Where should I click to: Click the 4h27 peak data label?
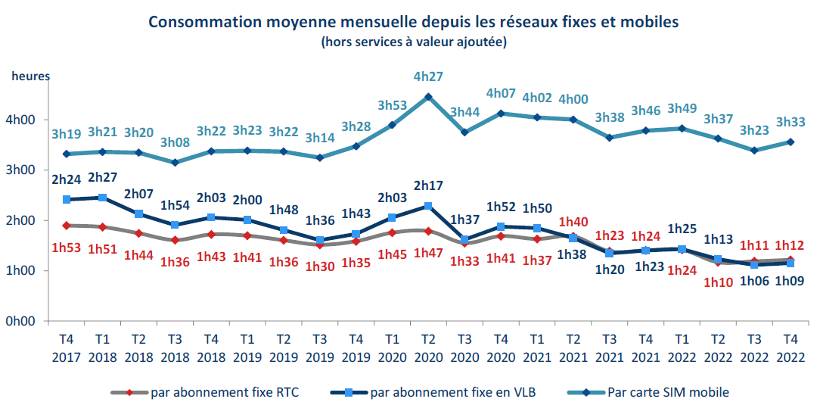[428, 76]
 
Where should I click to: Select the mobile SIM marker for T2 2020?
[428, 97]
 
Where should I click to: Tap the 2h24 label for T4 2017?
[67, 180]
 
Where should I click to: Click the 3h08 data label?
[175, 142]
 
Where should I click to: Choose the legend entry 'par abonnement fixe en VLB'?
[442, 391]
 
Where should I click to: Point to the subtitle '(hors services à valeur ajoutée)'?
[413, 42]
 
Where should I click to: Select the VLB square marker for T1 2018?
[103, 198]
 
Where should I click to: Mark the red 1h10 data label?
[718, 282]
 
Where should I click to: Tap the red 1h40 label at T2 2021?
[573, 223]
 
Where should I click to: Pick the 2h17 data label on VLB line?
[428, 185]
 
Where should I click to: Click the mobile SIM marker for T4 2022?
[790, 142]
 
